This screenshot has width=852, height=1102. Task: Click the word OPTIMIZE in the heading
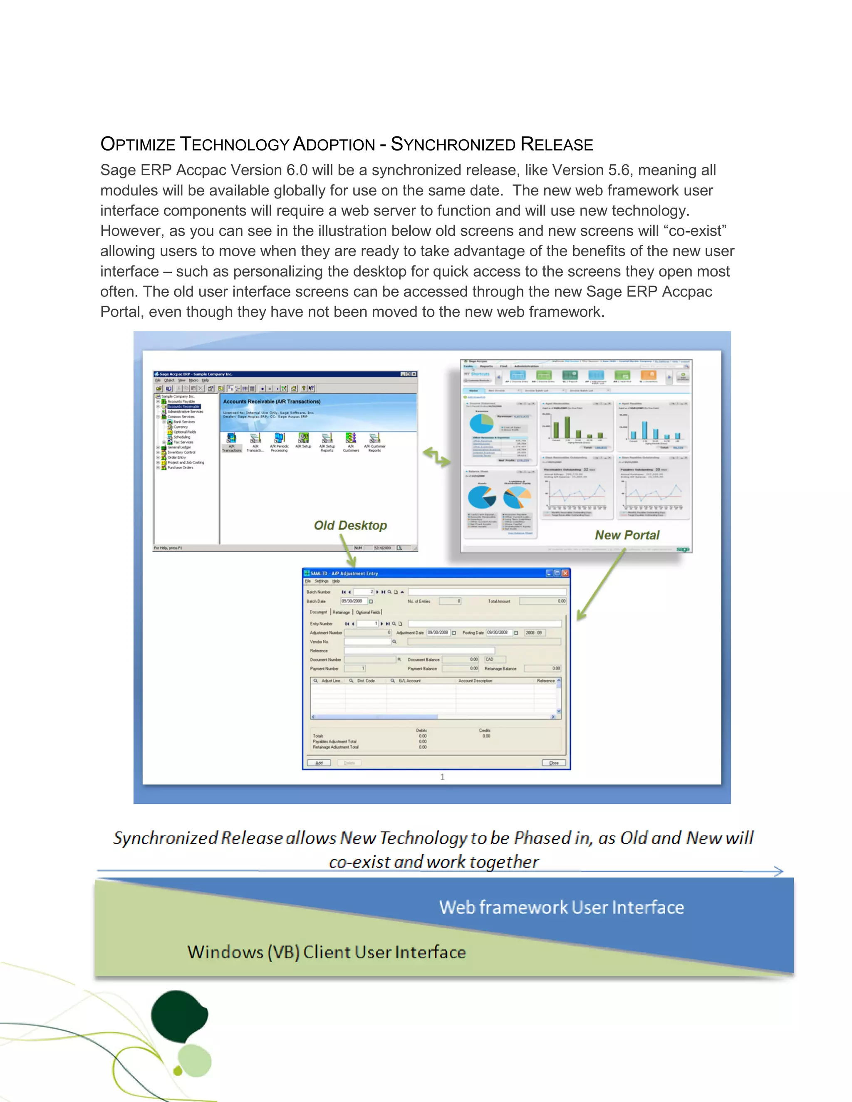click(x=138, y=144)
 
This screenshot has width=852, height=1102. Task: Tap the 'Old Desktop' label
click(x=350, y=525)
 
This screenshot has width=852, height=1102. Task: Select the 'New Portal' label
click(x=627, y=535)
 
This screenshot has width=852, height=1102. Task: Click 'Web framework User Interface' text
click(x=561, y=907)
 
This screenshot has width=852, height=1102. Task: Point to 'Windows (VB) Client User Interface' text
click(x=327, y=952)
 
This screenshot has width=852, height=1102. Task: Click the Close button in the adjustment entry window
click(x=554, y=763)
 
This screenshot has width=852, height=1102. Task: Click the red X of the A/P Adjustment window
click(x=565, y=573)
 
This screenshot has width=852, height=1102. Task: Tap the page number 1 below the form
click(x=442, y=777)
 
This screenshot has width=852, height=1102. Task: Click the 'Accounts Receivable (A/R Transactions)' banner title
click(x=272, y=402)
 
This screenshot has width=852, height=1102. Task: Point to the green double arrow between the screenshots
click(x=436, y=457)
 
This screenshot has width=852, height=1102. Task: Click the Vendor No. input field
click(x=367, y=642)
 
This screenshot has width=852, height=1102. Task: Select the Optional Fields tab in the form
click(x=368, y=612)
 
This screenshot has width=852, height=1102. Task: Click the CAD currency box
click(x=494, y=660)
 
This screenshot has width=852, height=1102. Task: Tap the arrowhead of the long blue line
click(x=779, y=871)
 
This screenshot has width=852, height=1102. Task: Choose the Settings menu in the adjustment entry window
click(x=322, y=581)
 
